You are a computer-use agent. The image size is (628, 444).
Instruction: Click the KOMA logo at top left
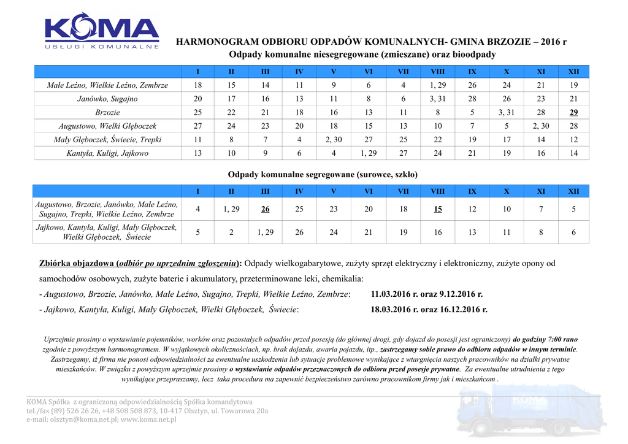coord(102,31)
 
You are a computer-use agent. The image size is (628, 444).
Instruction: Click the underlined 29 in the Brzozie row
coord(573,113)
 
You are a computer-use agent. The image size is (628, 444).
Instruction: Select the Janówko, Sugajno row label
coord(107,99)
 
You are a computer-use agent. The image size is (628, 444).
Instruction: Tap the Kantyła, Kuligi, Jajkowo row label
coord(107,153)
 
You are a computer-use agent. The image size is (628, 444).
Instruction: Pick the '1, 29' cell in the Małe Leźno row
coord(438,85)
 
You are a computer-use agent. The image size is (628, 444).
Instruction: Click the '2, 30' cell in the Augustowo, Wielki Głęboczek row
coord(541,126)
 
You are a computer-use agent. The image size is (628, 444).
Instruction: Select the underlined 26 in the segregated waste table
coord(265,209)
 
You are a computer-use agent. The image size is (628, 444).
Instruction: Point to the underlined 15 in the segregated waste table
coord(438,209)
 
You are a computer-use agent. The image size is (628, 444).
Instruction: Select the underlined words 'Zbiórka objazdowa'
coord(76,264)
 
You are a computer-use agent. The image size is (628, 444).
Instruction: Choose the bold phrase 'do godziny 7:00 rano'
coord(546,339)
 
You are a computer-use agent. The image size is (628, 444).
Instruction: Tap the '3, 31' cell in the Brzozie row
coord(507,113)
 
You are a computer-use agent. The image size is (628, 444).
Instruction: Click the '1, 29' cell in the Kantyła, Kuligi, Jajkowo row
coord(369,153)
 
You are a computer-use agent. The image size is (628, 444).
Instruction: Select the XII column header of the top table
coord(573,72)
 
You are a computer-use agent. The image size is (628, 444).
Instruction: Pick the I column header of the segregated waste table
coord(197,191)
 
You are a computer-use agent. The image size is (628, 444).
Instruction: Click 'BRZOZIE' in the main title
coord(508,42)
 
